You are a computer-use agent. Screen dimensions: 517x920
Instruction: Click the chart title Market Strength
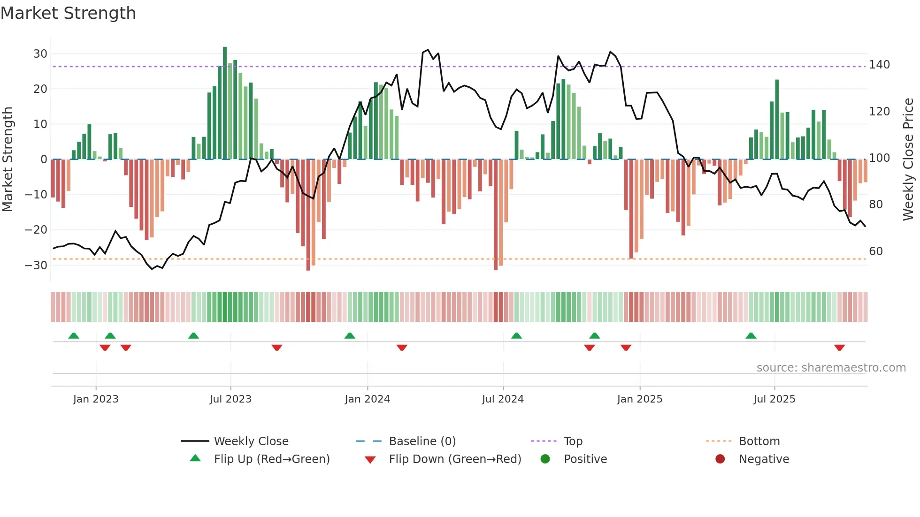(x=68, y=13)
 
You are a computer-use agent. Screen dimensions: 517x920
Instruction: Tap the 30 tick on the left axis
(x=40, y=54)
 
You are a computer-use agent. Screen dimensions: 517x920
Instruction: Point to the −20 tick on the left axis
(x=36, y=230)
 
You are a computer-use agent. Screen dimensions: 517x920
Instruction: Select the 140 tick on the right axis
(x=879, y=65)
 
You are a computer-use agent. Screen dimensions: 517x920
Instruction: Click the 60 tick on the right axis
(x=876, y=251)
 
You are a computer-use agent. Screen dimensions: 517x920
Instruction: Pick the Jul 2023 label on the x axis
(x=230, y=399)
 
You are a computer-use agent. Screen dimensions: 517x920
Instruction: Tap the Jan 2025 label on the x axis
(x=639, y=399)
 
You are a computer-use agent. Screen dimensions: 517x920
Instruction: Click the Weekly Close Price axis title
(x=908, y=160)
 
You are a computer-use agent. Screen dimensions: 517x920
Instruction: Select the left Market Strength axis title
(x=8, y=160)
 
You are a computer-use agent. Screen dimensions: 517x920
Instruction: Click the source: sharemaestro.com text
(x=831, y=368)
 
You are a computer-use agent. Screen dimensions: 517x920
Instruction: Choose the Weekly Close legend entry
(x=251, y=441)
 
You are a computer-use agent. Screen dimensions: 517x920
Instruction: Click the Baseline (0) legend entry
(x=422, y=441)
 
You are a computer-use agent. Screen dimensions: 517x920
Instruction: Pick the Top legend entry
(x=573, y=441)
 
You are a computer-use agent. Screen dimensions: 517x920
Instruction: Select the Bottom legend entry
(x=759, y=441)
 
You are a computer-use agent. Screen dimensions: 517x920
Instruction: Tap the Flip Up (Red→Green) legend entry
(x=272, y=459)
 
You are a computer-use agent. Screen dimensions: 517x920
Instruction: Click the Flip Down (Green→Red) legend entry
(x=455, y=459)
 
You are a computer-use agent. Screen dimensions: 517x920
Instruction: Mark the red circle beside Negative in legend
(x=720, y=459)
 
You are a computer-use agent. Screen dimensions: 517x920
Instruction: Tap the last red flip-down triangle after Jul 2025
(x=839, y=348)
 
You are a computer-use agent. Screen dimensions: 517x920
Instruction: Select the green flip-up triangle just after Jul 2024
(x=516, y=335)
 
